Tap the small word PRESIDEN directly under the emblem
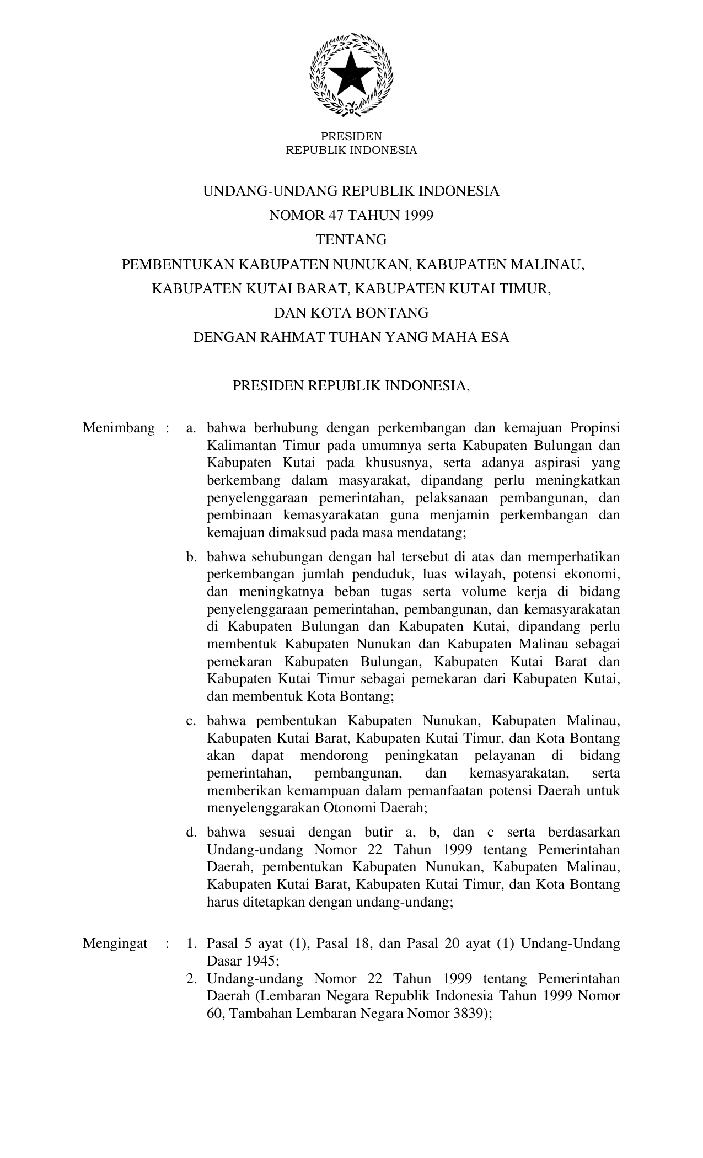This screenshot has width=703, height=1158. pyautogui.click(x=351, y=136)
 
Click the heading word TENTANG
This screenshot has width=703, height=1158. pyautogui.click(x=351, y=240)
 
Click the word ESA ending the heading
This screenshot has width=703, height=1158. pyautogui.click(x=495, y=337)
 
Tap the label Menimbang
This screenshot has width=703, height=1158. pyautogui.click(x=119, y=428)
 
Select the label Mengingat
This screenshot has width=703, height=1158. pyautogui.click(x=115, y=943)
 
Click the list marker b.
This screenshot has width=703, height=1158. pyautogui.click(x=191, y=557)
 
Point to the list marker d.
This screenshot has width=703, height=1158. pyautogui.click(x=191, y=832)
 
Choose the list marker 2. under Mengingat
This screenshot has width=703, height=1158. pyautogui.click(x=191, y=979)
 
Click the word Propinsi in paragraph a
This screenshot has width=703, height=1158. pyautogui.click(x=595, y=428)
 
